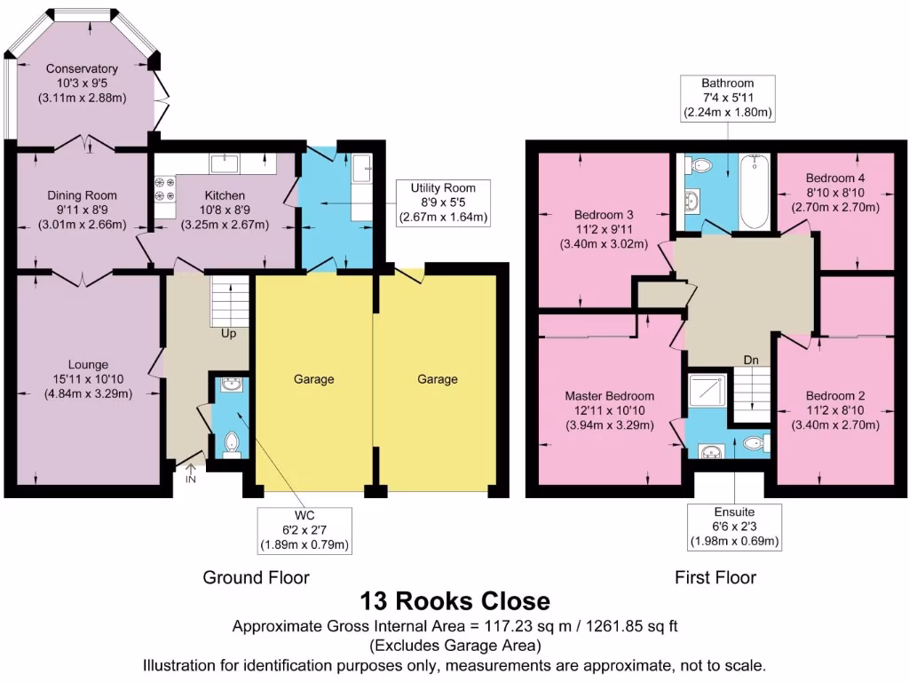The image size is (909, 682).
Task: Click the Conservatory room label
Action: [x=82, y=69]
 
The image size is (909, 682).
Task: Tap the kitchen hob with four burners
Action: [x=165, y=187]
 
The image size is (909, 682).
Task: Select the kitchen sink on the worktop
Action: [x=224, y=163]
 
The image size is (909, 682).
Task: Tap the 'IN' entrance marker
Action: [x=191, y=480]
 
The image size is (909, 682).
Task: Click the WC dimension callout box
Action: [x=304, y=529]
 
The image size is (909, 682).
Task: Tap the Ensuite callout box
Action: [x=734, y=526]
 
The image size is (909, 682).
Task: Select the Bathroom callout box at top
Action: [x=727, y=98]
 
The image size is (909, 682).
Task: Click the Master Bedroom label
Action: [x=610, y=396]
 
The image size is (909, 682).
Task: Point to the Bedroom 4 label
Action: [x=835, y=178]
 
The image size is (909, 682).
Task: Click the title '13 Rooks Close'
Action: [x=454, y=601]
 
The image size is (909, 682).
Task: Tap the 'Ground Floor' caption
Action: [x=256, y=577]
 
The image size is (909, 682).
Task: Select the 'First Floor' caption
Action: [x=715, y=577]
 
